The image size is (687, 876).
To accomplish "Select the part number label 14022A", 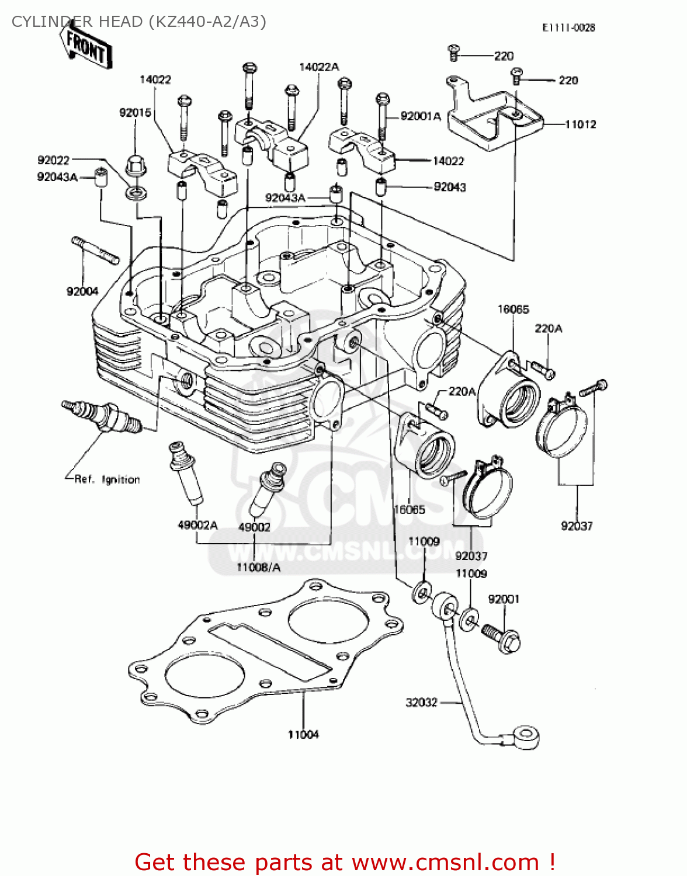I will coord(318,67).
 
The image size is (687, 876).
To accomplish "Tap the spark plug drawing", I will coord(102,415).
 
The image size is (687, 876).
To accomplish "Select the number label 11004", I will coord(303,735).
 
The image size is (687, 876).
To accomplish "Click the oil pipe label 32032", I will coord(421,703).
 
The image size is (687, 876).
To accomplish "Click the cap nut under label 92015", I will coord(136,165).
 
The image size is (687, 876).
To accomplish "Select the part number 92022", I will coord(53,160).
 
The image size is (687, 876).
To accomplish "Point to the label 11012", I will coord(580,124).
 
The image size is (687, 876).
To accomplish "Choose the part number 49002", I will coord(254,527).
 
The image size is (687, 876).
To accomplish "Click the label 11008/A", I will coord(258,567).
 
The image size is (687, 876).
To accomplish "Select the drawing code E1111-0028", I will coord(568,27).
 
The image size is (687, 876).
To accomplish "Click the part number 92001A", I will coord(421,116).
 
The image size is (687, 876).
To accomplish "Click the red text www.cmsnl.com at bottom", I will coord(445,862).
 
